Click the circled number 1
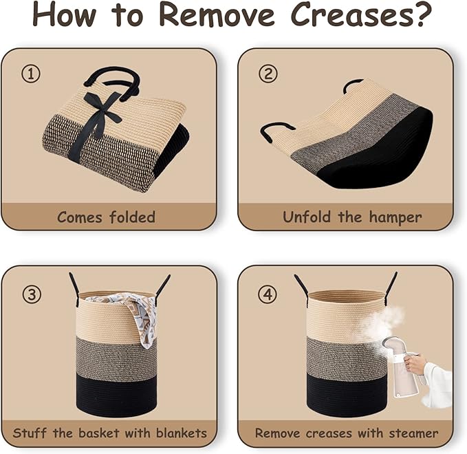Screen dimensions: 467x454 (31, 74)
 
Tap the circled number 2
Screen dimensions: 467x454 (268, 74)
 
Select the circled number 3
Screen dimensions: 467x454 (32, 294)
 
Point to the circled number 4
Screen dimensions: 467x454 (268, 294)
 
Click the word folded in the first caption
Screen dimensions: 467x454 (132, 217)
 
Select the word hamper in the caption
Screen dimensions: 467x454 (395, 217)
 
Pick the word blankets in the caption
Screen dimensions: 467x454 (181, 433)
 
